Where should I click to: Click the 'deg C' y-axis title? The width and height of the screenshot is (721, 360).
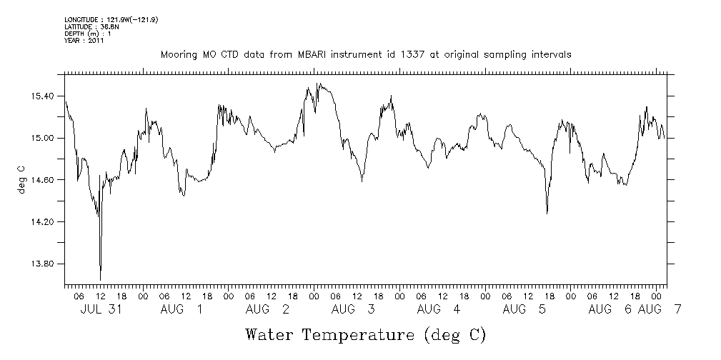[x=21, y=180]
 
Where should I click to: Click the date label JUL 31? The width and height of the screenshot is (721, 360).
[x=100, y=309]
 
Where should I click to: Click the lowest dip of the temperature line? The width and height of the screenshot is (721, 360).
[x=100, y=280]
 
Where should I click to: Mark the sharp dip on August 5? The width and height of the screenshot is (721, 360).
[x=547, y=213]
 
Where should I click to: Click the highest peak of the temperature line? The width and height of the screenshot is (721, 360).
[x=317, y=84]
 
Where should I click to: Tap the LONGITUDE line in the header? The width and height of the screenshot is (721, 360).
[x=111, y=20]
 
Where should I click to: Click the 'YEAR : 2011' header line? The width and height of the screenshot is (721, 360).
[x=84, y=41]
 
